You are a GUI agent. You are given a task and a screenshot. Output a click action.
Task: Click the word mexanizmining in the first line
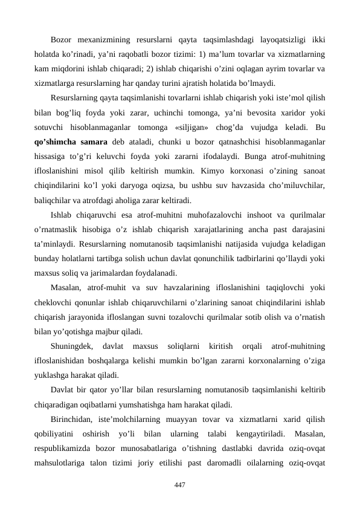tap(103, 40)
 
